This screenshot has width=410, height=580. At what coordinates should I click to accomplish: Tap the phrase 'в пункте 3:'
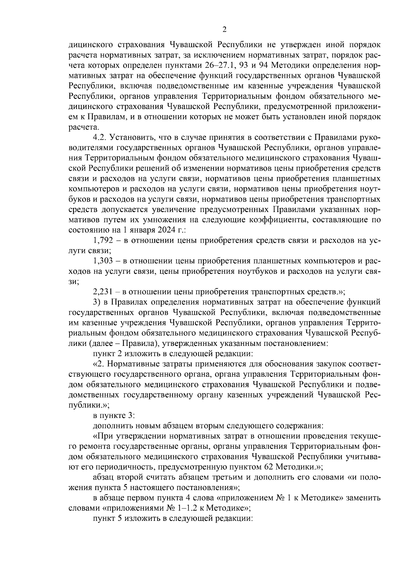coord(114,416)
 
